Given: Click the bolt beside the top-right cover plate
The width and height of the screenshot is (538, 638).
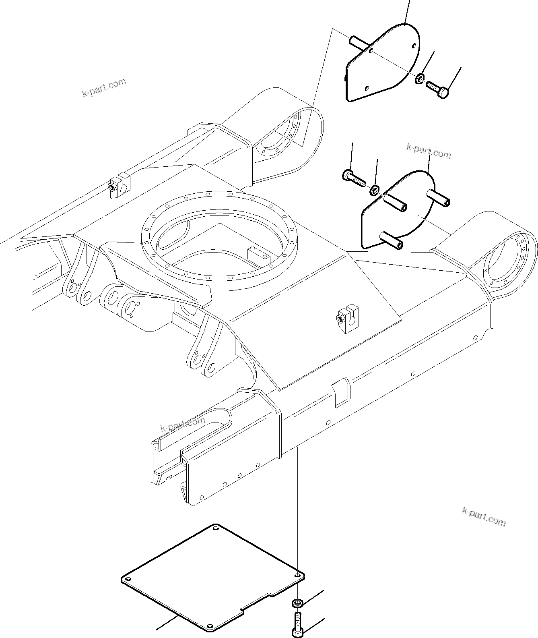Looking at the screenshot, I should [x=437, y=89].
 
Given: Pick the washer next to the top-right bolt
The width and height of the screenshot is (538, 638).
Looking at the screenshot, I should [x=420, y=79].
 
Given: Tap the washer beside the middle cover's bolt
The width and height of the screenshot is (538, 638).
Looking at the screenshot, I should [x=375, y=190].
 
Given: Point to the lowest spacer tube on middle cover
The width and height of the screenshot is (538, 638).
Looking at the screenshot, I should [x=392, y=239].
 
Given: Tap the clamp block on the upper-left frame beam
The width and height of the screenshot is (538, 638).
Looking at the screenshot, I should [x=120, y=185].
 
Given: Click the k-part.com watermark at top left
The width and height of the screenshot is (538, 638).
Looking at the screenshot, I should [x=104, y=88].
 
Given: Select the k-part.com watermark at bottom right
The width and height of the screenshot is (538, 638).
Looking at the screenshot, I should [x=484, y=516].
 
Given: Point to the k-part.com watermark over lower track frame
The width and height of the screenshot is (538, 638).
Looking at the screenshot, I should [x=182, y=424].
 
